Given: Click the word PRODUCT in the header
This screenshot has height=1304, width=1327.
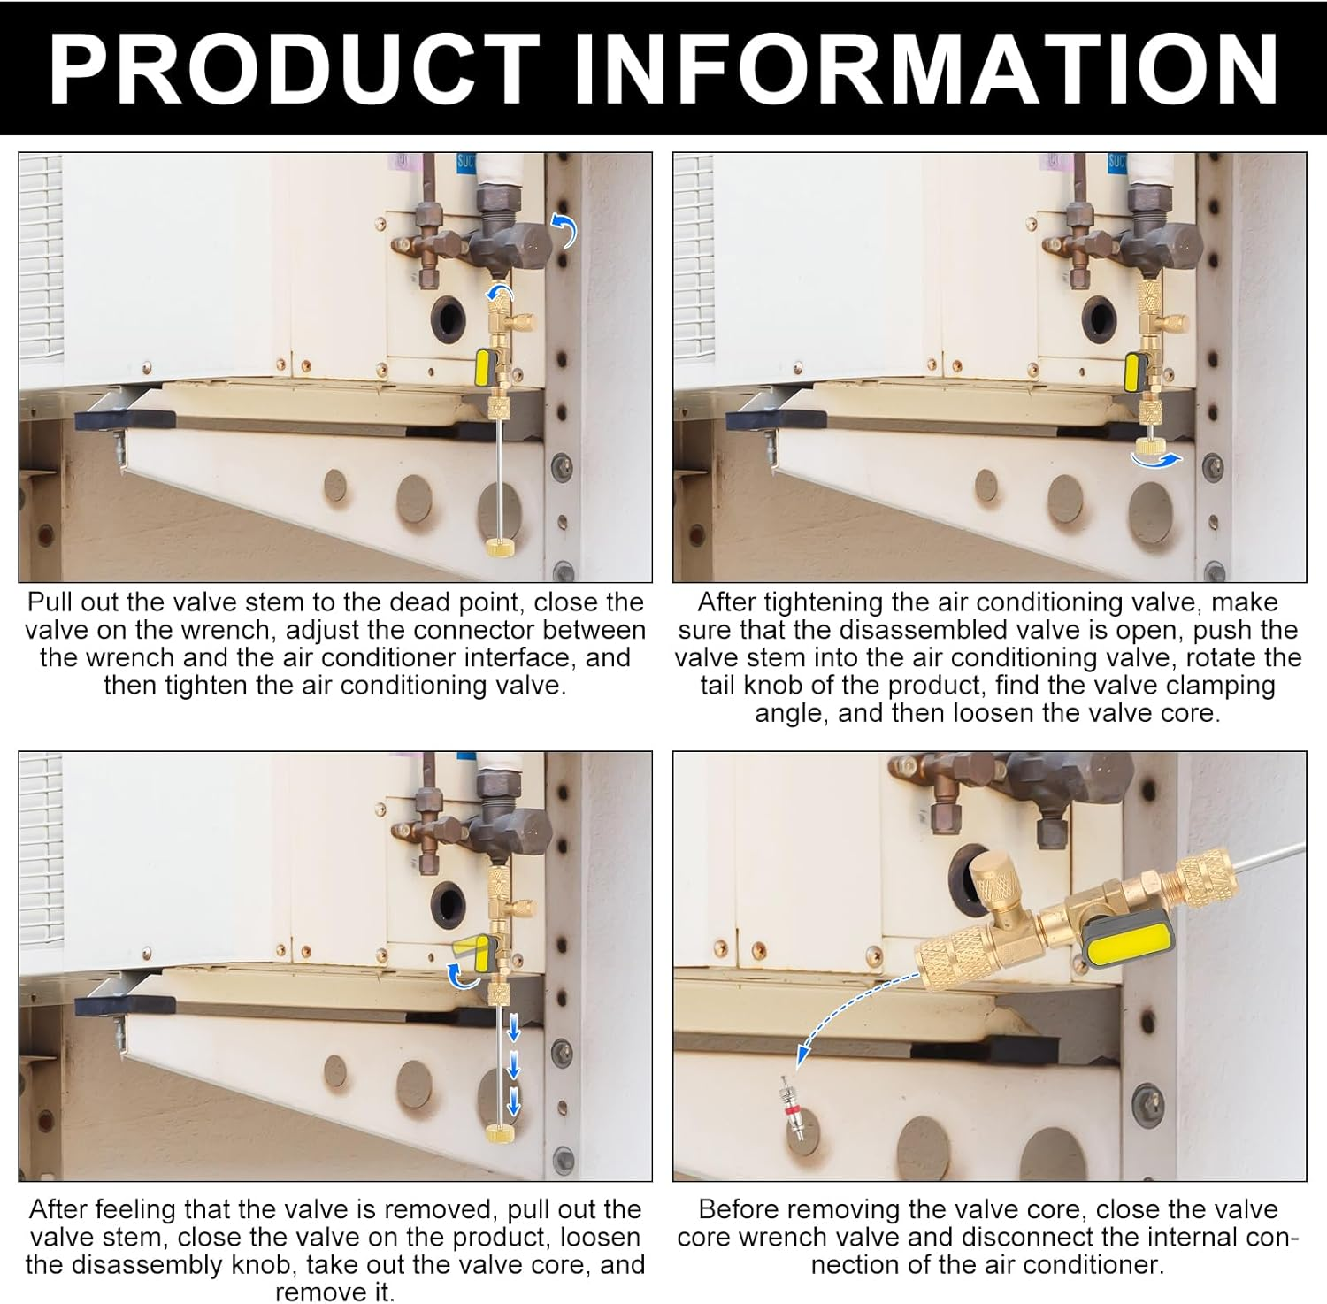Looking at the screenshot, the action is coord(295,68).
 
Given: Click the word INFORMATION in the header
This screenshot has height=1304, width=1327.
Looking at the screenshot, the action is coord(926,68).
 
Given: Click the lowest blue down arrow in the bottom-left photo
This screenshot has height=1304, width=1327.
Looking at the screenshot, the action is coord(514,1103).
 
